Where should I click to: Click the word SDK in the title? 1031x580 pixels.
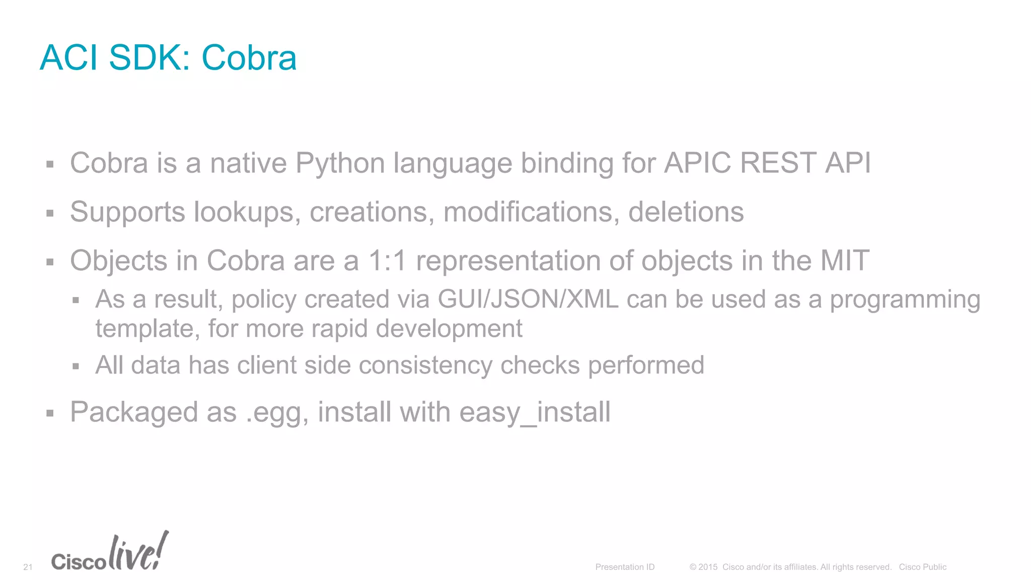[x=149, y=57]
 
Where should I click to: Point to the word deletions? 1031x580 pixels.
[x=686, y=212]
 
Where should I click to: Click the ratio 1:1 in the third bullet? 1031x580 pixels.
[x=387, y=261]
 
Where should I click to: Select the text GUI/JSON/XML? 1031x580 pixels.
[x=528, y=299]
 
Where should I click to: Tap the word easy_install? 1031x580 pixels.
[x=535, y=412]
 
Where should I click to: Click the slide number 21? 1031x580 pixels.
[x=28, y=567]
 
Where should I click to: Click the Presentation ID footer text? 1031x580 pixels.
[x=625, y=567]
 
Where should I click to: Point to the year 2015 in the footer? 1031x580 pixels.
[x=708, y=567]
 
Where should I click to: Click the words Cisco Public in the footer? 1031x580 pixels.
[x=922, y=567]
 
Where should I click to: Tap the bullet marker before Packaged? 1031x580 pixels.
[x=50, y=414]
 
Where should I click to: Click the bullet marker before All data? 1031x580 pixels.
[x=76, y=366]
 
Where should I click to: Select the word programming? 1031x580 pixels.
[x=905, y=299]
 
